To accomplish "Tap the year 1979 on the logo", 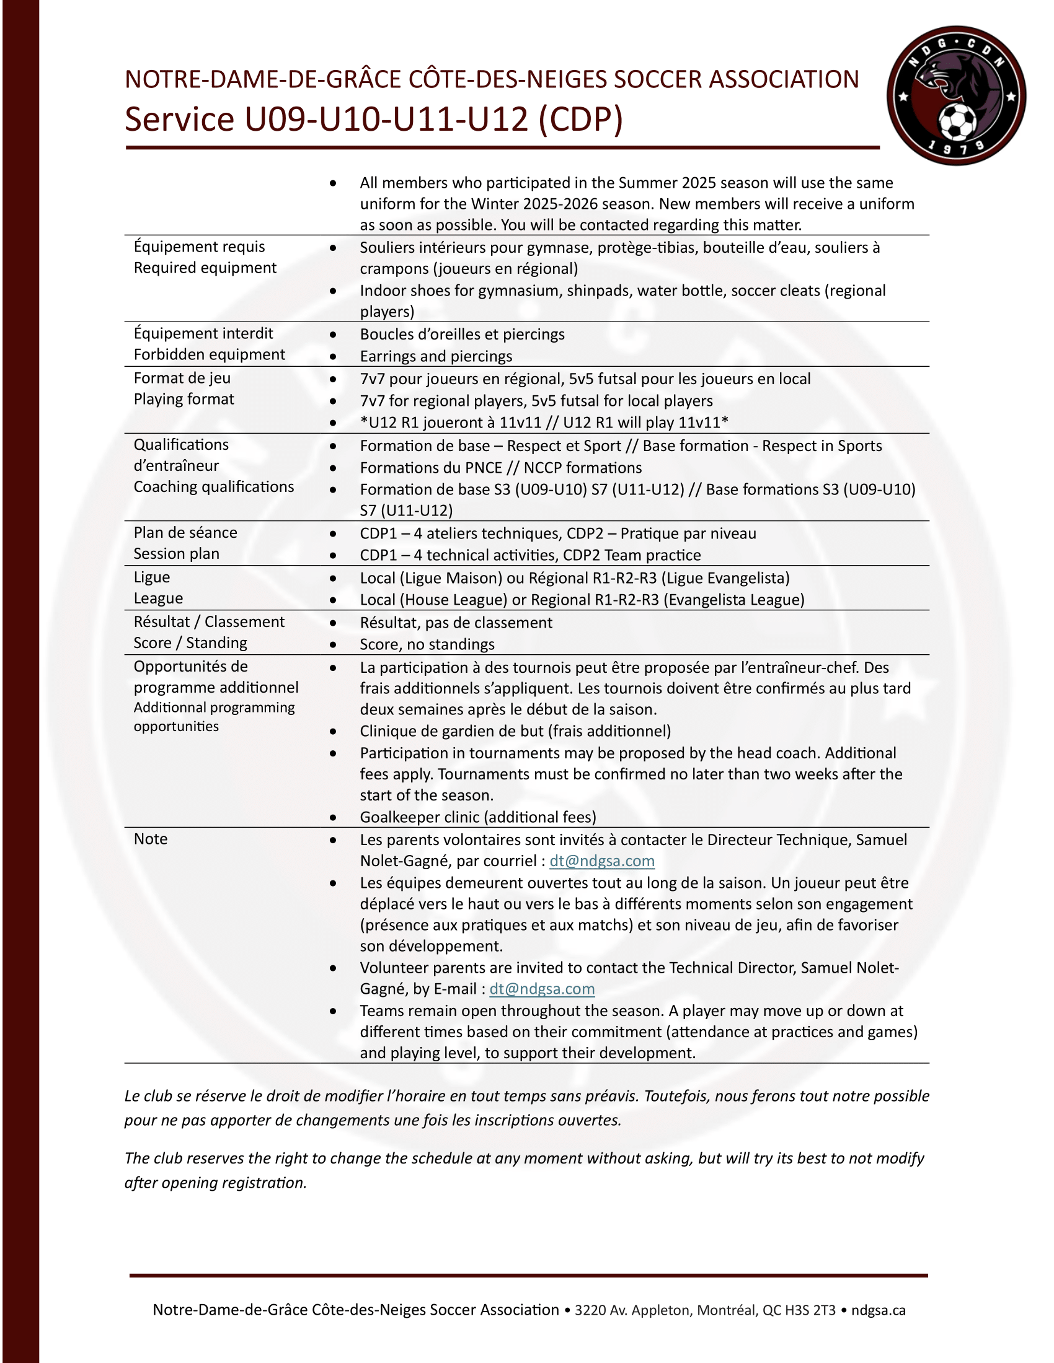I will pos(955,148).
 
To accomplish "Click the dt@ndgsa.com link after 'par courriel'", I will pos(602,861).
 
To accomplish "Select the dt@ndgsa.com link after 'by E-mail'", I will pos(542,989).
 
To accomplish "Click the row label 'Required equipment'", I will pos(205,268).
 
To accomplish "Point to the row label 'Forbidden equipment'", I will pos(209,354).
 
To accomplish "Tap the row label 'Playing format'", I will pos(184,400).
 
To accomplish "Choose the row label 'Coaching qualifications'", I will pos(213,487).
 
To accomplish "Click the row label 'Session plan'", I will pos(176,554).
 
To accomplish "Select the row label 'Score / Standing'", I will pos(190,644).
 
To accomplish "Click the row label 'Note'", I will pos(151,839).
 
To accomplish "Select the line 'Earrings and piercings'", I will pos(436,356).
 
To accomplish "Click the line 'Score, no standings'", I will pos(427,645).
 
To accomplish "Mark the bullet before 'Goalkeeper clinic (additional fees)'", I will pos(334,818).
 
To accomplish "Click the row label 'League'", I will pos(158,599).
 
